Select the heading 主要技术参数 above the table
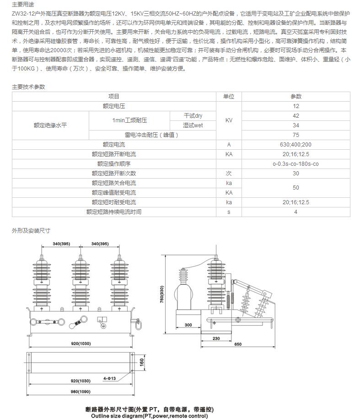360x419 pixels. coord(29,87)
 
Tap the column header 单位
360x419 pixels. coord(229,97)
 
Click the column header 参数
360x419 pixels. coord(296,97)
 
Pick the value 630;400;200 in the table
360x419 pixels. coord(296,145)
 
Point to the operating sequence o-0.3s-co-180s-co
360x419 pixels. coord(296,164)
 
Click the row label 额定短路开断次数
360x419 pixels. coord(113,174)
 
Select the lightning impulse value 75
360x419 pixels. coord(296,135)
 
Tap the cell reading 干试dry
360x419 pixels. coord(193,116)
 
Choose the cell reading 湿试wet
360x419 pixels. coord(193,125)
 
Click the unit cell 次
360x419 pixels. coord(229,174)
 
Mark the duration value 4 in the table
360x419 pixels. coord(296,212)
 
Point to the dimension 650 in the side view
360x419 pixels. coord(238,344)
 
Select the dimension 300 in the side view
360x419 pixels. coord(188,325)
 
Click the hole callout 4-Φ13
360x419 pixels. coord(109,378)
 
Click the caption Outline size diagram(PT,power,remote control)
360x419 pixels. coord(149,416)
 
